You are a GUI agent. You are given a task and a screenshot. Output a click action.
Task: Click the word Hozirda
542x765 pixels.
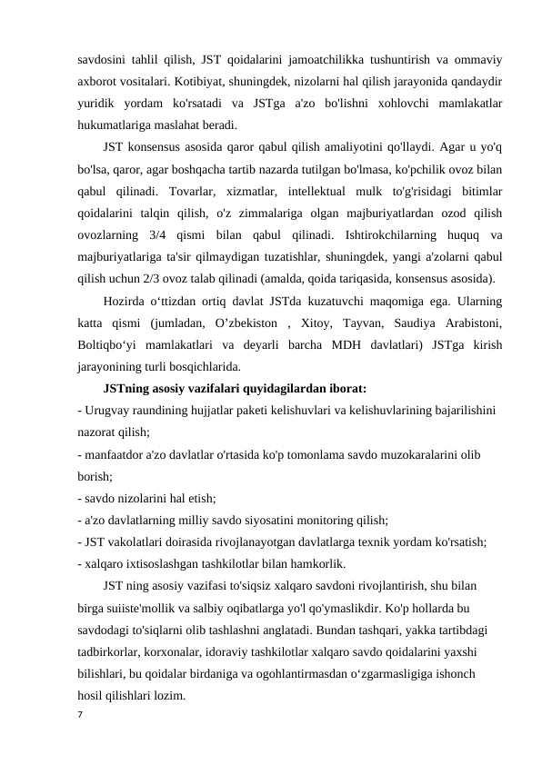coord(125,299)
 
